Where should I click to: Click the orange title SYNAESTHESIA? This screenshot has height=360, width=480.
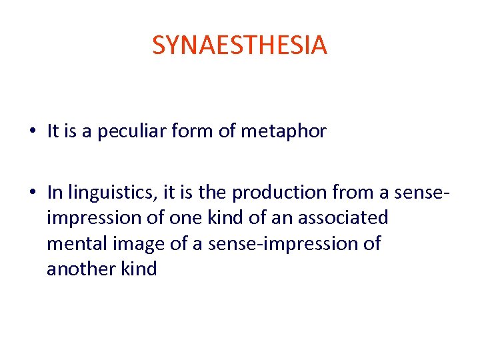tap(239, 45)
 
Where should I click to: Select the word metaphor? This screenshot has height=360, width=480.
tap(283, 131)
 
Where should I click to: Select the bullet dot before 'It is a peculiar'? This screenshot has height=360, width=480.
tap(33, 132)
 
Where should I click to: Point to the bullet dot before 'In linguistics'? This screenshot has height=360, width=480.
tap(33, 193)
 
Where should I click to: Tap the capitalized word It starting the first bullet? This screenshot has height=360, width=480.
tap(53, 131)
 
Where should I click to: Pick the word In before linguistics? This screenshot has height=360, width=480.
tap(54, 193)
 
